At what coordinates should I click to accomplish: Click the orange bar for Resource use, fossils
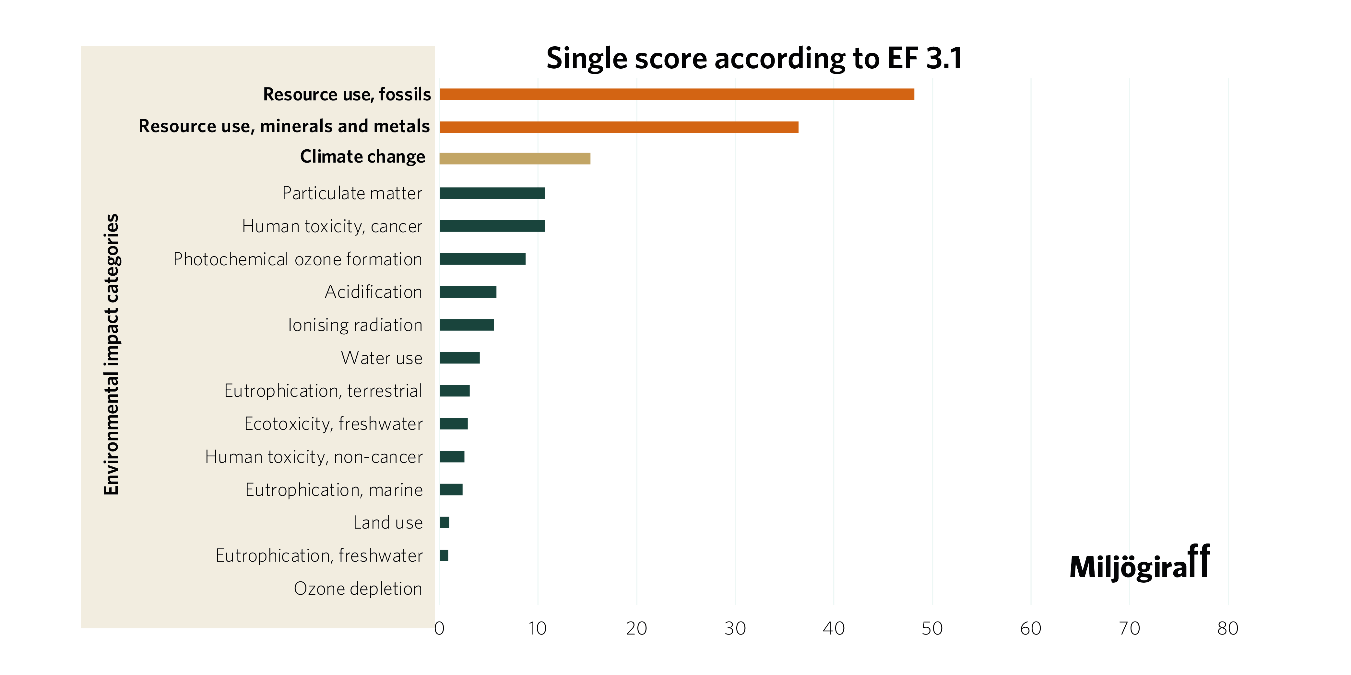click(x=677, y=94)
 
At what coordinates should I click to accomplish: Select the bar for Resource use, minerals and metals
click(x=619, y=127)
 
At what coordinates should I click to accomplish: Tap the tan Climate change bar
click(x=515, y=158)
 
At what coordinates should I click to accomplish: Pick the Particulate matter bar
click(x=492, y=193)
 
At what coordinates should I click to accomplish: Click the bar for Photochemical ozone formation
click(x=482, y=259)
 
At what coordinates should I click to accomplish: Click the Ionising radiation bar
click(x=467, y=325)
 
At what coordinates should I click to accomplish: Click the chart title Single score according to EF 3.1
click(x=754, y=58)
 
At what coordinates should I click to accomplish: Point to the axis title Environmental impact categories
click(x=111, y=354)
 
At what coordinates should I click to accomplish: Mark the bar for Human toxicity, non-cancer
click(x=452, y=456)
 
